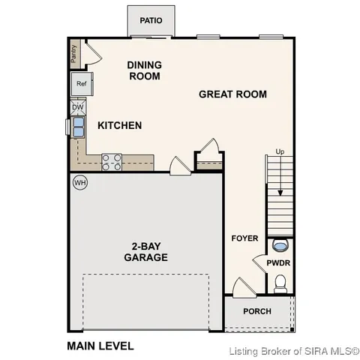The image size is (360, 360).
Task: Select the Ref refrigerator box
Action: [81, 85]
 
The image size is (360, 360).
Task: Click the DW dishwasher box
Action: [78, 108]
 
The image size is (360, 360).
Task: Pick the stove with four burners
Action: [112, 160]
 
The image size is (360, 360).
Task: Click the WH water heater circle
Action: [79, 182]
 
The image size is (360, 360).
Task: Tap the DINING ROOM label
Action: [145, 70]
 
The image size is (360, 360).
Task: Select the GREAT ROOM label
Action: [233, 94]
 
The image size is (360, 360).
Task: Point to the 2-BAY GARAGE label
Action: [145, 251]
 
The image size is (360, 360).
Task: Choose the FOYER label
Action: [244, 238]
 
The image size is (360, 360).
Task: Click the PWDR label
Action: [278, 262]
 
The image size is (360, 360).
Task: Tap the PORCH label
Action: [257, 311]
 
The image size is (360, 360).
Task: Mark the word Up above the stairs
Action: [280, 151]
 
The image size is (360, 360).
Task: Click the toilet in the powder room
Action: [280, 283]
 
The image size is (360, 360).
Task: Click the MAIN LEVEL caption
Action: [100, 346]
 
